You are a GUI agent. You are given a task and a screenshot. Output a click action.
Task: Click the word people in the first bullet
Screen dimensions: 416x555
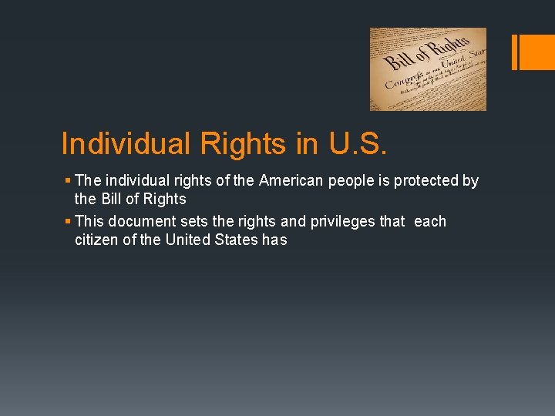358,181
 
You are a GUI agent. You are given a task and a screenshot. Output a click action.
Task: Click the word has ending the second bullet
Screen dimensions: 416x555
274,240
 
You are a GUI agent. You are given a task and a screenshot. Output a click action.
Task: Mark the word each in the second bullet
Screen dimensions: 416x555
430,222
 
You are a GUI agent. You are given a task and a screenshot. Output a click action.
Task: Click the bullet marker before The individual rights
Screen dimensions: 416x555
68,181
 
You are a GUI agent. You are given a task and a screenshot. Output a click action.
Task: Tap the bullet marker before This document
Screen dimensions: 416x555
68,222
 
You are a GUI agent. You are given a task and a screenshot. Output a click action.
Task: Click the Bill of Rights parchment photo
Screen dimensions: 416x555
428,69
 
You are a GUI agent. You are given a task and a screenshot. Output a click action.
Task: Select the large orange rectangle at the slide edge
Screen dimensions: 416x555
538,52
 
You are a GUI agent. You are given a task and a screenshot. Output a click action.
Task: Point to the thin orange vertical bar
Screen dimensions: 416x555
514,52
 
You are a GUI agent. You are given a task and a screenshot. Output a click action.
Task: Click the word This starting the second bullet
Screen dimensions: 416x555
91,222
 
